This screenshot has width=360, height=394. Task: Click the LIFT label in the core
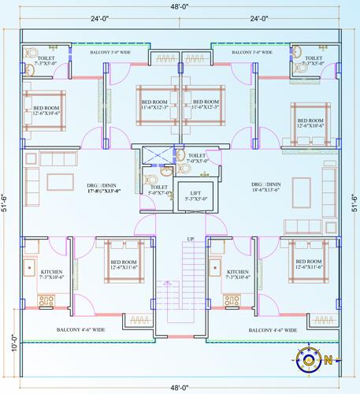(x=190, y=195)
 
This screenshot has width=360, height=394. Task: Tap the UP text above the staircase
(x=190, y=239)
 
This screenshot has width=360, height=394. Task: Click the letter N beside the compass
(x=328, y=360)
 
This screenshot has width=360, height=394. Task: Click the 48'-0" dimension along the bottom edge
(x=180, y=388)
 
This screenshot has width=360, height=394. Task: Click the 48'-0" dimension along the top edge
(x=180, y=6)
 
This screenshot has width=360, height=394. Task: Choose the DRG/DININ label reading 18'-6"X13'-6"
(x=258, y=186)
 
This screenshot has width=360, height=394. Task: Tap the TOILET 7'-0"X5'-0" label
(x=196, y=159)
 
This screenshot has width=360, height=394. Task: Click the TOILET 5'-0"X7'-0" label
(x=160, y=190)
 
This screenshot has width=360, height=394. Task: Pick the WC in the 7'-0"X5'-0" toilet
(x=180, y=155)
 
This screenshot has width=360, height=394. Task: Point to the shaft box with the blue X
(x=149, y=155)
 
